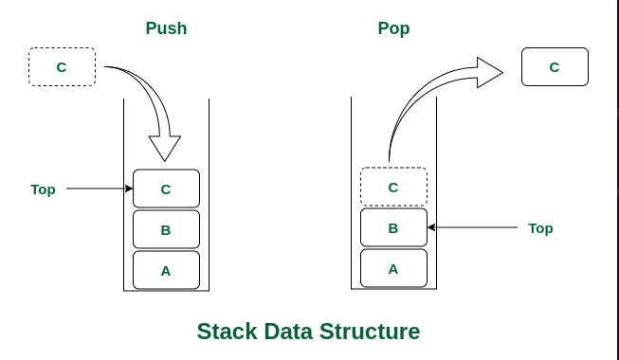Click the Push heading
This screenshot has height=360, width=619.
pyautogui.click(x=166, y=28)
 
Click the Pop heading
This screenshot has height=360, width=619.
pyautogui.click(x=393, y=28)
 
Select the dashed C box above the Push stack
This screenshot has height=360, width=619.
pyautogui.click(x=62, y=67)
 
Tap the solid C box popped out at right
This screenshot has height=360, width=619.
pyautogui.click(x=555, y=67)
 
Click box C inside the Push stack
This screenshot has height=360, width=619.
pyautogui.click(x=166, y=189)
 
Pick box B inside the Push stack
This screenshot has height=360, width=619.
pyautogui.click(x=166, y=229)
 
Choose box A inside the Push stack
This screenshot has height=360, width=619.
pyautogui.click(x=166, y=270)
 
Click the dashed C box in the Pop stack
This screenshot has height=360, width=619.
pyautogui.click(x=393, y=187)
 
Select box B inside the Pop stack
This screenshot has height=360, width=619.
pyautogui.click(x=393, y=227)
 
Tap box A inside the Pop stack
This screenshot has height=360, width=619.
pyautogui.click(x=393, y=268)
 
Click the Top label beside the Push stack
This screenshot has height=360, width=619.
pyautogui.click(x=43, y=189)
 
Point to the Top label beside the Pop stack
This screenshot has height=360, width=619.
pyautogui.click(x=540, y=228)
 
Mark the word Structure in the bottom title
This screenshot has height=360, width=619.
pyautogui.click(x=374, y=332)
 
